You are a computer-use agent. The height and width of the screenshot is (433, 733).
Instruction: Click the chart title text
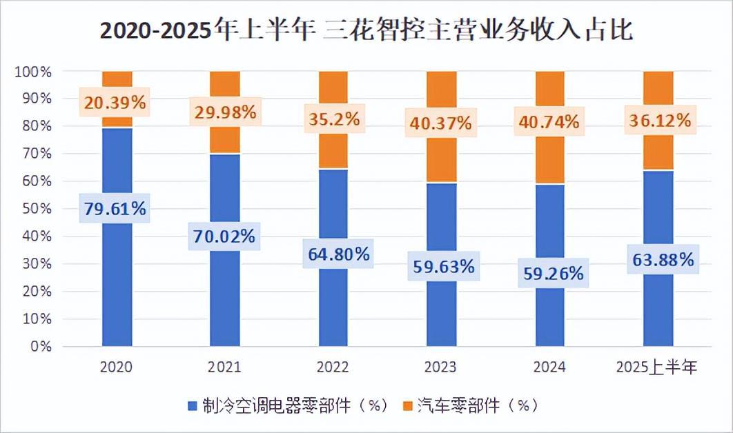click(366, 31)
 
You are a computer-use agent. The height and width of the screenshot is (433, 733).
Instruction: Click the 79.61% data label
click(116, 209)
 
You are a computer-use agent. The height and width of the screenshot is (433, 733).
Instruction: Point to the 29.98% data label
click(224, 112)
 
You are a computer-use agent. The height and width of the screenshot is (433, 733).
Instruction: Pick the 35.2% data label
click(333, 118)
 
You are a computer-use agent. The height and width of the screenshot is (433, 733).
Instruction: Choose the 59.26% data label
click(549, 273)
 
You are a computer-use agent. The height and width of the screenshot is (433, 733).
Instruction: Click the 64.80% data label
click(333, 254)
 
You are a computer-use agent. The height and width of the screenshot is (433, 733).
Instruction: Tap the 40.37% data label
click(441, 123)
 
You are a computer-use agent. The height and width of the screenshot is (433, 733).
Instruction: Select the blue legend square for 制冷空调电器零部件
click(193, 405)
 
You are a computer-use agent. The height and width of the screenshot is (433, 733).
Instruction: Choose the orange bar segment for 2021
click(224, 138)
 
